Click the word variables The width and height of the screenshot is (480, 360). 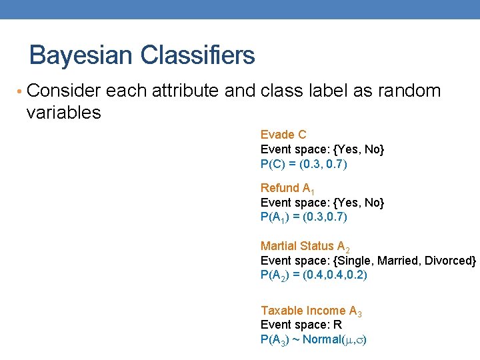[x=63, y=113]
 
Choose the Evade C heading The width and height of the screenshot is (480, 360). [x=283, y=135]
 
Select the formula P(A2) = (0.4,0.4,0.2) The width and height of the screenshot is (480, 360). [x=313, y=275]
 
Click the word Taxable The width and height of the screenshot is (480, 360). [x=281, y=311]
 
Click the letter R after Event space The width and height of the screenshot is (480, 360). [x=338, y=325]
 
